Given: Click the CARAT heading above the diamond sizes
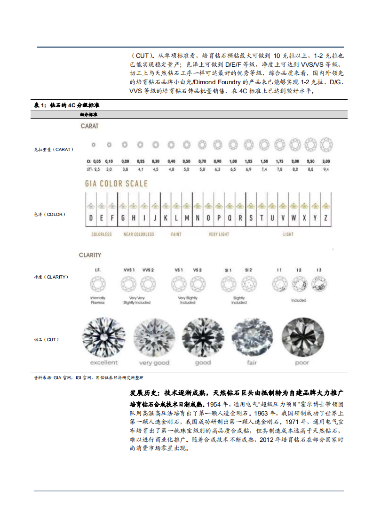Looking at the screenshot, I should (x=89, y=126).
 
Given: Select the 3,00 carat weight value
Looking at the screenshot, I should (x=325, y=161).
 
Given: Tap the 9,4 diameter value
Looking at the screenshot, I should (x=325, y=168).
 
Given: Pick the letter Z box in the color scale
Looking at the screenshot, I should (x=325, y=218).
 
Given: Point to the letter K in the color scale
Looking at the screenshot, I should (x=166, y=218).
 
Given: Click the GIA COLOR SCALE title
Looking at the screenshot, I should (x=116, y=184).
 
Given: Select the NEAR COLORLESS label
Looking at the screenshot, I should (x=138, y=234).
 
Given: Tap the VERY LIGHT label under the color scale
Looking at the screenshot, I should (x=219, y=234).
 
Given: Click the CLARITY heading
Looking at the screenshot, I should (x=90, y=255).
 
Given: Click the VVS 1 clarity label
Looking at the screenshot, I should (x=129, y=270).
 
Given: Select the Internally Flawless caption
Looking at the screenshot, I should (x=98, y=300).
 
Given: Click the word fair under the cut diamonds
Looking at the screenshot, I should (x=252, y=363).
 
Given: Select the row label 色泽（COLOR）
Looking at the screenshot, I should (x=50, y=215).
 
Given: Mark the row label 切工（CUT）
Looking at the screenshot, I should (x=47, y=339).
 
